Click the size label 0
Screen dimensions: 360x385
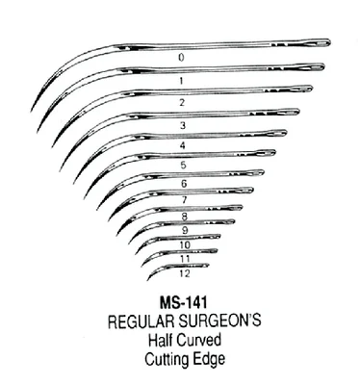[182, 58]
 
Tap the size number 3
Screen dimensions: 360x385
[183, 125]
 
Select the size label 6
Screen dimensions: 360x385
[184, 184]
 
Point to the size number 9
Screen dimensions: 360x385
[185, 230]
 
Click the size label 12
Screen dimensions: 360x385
[185, 273]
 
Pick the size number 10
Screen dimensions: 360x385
[185, 245]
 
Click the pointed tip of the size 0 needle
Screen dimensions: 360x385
[31, 112]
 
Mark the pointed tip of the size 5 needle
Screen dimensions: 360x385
[85, 198]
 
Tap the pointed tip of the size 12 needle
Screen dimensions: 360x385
[147, 280]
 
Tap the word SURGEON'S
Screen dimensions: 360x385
[220, 321]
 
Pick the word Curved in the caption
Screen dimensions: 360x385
[199, 340]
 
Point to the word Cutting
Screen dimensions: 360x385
[164, 359]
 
